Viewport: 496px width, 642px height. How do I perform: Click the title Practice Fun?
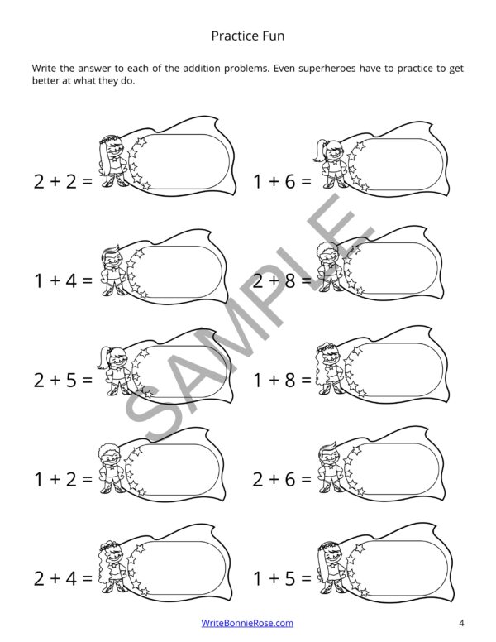click(248, 36)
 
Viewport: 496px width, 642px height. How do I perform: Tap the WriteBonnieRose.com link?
click(247, 623)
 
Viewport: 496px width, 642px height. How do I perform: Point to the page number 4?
click(461, 623)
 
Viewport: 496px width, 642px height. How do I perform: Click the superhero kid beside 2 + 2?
click(112, 160)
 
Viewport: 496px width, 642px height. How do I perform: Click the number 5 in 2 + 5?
click(71, 381)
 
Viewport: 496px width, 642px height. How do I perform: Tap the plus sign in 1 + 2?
click(55, 480)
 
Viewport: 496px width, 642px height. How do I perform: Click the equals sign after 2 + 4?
click(88, 578)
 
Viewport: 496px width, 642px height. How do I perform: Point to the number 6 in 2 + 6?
click(290, 479)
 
